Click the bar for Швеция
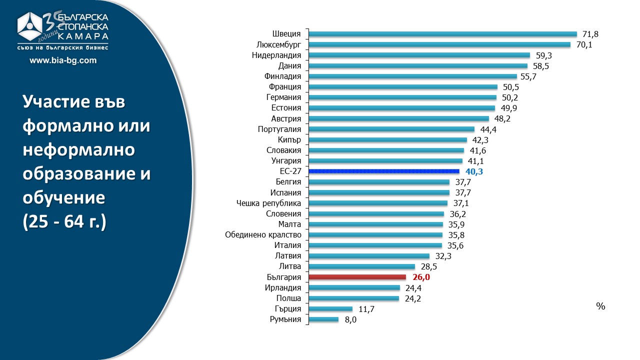[443, 34]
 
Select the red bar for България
[357, 277]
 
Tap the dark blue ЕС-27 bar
[384, 171]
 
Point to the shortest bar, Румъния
[323, 319]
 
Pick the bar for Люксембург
[439, 44]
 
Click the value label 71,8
[590, 34]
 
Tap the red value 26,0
[420, 277]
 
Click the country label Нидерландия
[276, 55]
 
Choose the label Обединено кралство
[263, 235]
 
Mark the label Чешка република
[268, 203]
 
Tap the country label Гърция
[288, 309]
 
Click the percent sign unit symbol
[600, 306]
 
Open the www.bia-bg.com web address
[63, 60]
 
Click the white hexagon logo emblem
[32, 28]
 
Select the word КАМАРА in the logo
[83, 36]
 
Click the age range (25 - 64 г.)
[64, 222]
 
